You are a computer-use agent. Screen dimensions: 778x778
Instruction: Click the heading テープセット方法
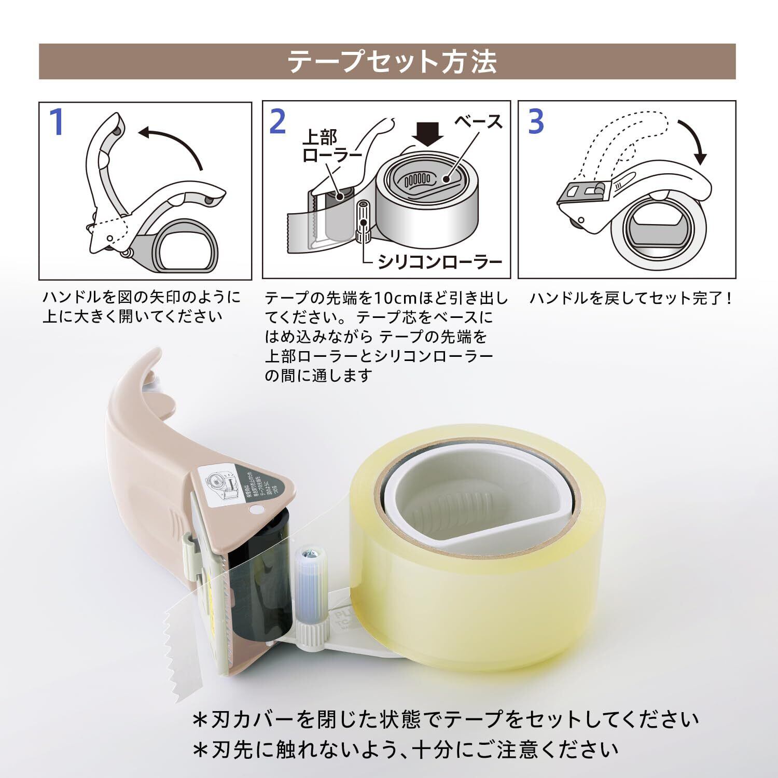point(392,62)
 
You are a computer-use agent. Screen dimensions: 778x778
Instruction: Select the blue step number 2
point(278,122)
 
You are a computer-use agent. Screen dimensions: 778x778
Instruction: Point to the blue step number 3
point(536,121)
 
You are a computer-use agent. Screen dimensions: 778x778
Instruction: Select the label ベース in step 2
point(478,122)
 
